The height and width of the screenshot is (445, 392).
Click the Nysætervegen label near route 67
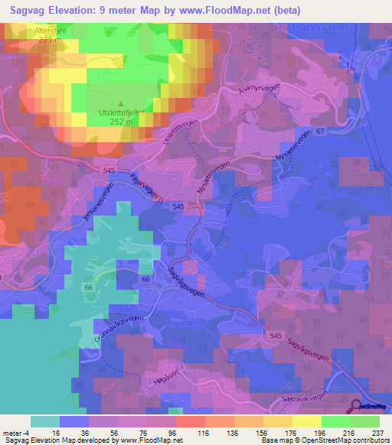pyautogui.click(x=292, y=146)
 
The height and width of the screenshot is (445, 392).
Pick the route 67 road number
pyautogui.click(x=319, y=132)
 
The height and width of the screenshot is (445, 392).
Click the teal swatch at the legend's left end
pyautogui.click(x=44, y=421)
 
